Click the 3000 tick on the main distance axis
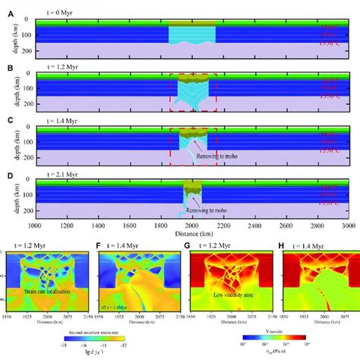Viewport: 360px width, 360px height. tap(347, 226)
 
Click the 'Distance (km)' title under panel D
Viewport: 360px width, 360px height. tap(189, 234)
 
